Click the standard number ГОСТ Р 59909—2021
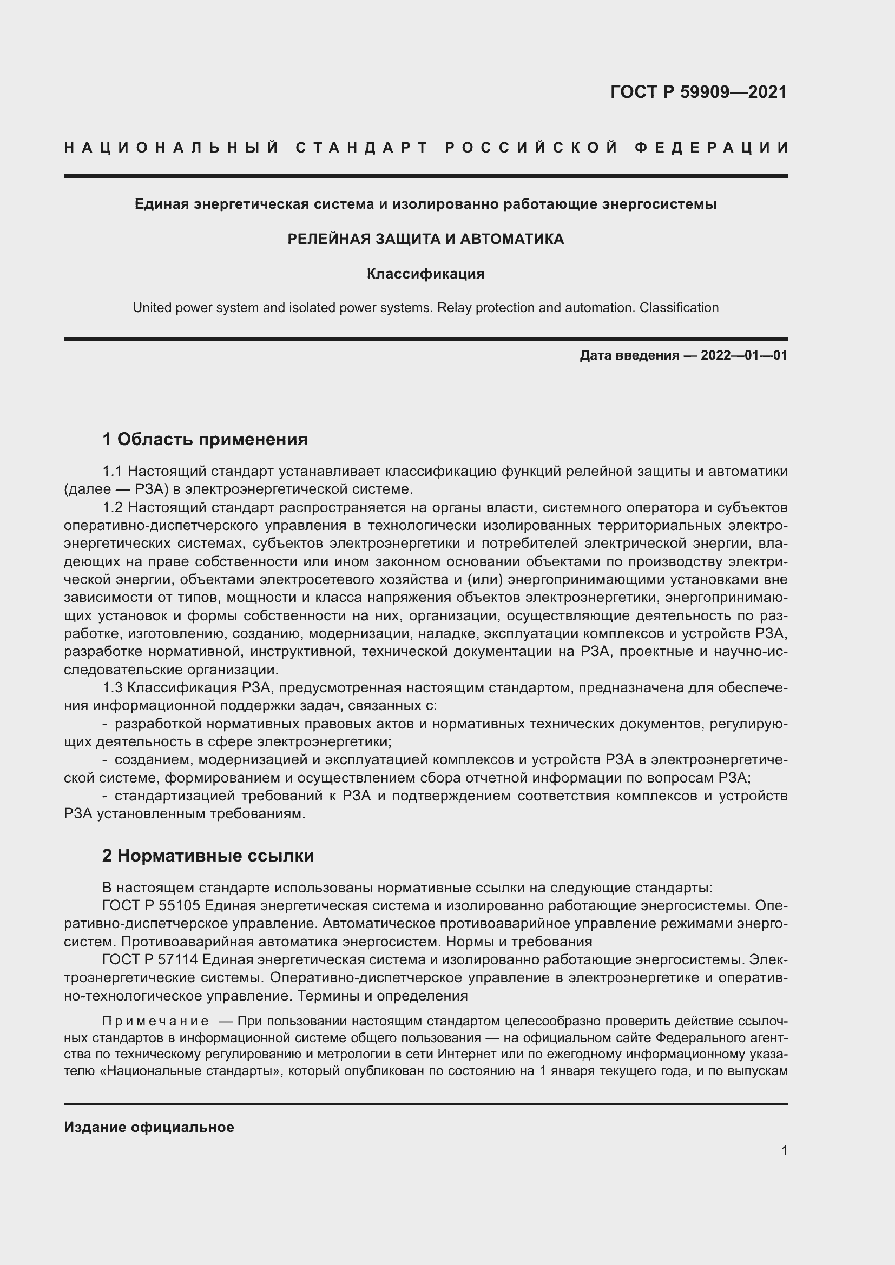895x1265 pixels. (698, 92)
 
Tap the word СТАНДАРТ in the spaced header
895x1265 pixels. (361, 148)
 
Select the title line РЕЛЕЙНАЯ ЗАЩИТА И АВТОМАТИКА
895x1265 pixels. (425, 239)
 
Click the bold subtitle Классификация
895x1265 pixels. (425, 274)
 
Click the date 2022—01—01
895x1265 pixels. (744, 355)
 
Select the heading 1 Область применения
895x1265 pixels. (205, 439)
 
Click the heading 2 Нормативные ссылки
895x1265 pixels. (208, 856)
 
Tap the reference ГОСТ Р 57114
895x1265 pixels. (150, 960)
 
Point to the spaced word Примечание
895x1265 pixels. (155, 1022)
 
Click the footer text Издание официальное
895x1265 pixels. (149, 1127)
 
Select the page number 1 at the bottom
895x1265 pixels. (784, 1150)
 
